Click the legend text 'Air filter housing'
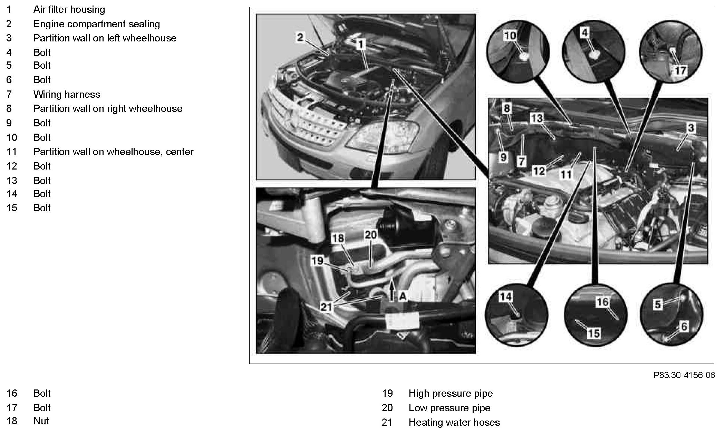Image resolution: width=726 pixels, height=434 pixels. pyautogui.click(x=69, y=9)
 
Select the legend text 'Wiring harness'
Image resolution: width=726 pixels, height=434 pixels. pyautogui.click(x=67, y=94)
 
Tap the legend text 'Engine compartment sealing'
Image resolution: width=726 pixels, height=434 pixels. pyautogui.click(x=97, y=24)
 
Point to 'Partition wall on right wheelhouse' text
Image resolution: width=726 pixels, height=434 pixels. pyautogui.click(x=108, y=108)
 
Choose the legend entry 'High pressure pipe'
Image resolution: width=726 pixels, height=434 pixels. pyautogui.click(x=451, y=393)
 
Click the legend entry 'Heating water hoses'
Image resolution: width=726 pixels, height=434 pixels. pyautogui.click(x=454, y=422)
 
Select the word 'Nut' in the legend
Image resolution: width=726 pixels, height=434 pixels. pyautogui.click(x=41, y=421)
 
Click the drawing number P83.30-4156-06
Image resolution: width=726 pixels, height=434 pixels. pyautogui.click(x=684, y=375)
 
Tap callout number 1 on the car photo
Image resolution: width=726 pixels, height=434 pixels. pyautogui.click(x=360, y=44)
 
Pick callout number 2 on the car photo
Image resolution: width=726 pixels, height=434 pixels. pyautogui.click(x=300, y=37)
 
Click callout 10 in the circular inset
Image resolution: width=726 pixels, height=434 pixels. pyautogui.click(x=510, y=36)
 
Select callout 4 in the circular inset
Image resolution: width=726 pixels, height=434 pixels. pyautogui.click(x=584, y=33)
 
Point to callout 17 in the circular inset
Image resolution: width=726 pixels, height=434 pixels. pyautogui.click(x=680, y=71)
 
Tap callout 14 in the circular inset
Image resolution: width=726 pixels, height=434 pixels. pyautogui.click(x=506, y=296)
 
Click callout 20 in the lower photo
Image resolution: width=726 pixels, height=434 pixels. pyautogui.click(x=370, y=235)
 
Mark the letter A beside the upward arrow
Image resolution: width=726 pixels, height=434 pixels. pyautogui.click(x=403, y=296)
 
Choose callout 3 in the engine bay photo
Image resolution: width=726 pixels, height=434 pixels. pyautogui.click(x=691, y=128)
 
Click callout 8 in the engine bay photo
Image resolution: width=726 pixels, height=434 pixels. pyautogui.click(x=506, y=108)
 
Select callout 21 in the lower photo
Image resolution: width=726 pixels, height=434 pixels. pyautogui.click(x=326, y=307)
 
